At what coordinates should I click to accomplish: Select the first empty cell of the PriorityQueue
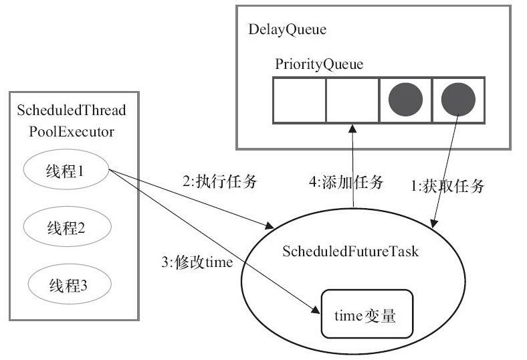tap(299, 100)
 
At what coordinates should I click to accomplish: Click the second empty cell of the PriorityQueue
tap(352, 100)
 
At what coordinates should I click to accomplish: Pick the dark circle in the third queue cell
tap(405, 100)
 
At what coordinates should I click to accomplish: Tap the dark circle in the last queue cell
tap(459, 100)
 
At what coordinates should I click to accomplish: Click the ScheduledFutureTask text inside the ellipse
tap(340, 252)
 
